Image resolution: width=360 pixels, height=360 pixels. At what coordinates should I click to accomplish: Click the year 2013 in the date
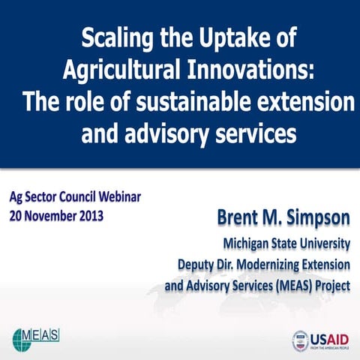click(x=89, y=217)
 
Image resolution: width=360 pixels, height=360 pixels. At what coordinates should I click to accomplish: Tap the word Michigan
click(x=244, y=243)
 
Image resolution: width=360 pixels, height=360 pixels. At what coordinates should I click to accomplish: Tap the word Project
click(x=331, y=286)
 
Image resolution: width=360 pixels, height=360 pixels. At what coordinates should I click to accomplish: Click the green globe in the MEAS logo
click(x=21, y=337)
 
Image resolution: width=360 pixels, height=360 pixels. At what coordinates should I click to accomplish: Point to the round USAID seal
click(x=300, y=340)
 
